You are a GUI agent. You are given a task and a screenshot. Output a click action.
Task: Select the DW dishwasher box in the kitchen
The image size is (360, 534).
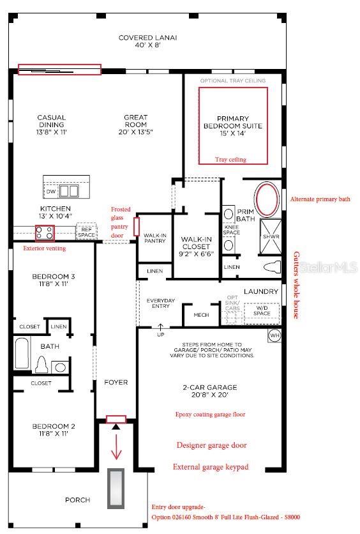pyautogui.click(x=50, y=191)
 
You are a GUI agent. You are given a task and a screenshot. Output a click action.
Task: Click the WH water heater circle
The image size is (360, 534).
pyautogui.click(x=274, y=335)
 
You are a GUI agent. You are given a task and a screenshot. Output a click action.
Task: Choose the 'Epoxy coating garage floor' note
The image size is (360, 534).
pyautogui.click(x=210, y=415)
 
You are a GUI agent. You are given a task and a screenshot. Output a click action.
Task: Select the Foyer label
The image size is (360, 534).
pyautogui.click(x=116, y=383)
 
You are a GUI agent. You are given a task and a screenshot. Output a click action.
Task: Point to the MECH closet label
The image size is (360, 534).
pyautogui.click(x=201, y=315)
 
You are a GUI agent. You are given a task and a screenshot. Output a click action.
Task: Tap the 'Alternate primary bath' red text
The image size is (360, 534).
pyautogui.click(x=320, y=199)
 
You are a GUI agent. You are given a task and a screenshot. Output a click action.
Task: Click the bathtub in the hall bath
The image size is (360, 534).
pyautogui.click(x=22, y=355)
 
